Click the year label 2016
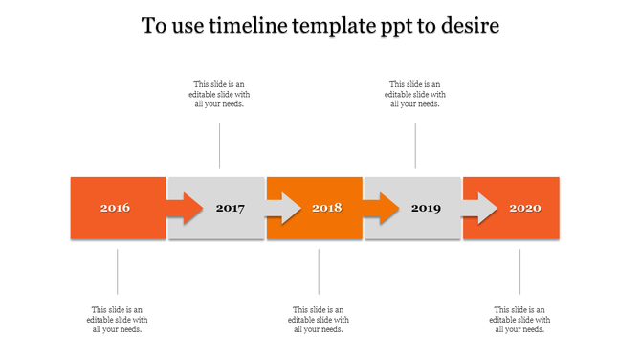tap(115, 208)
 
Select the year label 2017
tap(231, 208)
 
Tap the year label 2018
tap(326, 208)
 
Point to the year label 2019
tap(426, 208)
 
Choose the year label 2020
tap(524, 208)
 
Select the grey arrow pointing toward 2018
tap(284, 208)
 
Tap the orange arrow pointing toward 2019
tap(382, 208)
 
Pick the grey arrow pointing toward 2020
tap(480, 208)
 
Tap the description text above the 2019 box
tap(415, 94)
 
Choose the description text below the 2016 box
tap(118, 320)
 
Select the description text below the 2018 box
tap(319, 320)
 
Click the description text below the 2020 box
tap(520, 320)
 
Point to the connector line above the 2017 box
tap(220, 145)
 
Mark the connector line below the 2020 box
tap(520, 271)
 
